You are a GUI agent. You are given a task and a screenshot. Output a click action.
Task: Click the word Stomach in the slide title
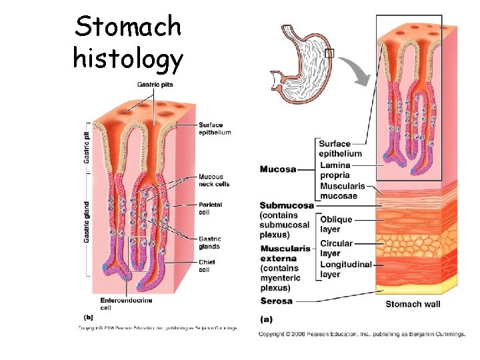128,27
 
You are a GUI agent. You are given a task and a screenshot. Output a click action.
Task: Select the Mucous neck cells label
214,180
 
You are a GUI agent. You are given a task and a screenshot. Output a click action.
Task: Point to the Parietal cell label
210,208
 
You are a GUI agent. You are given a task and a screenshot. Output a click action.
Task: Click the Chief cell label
207,266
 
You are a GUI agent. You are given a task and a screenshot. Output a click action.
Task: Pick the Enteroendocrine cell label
126,304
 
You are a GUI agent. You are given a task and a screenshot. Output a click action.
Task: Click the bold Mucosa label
278,169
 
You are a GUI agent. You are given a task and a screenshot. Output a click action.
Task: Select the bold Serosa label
276,301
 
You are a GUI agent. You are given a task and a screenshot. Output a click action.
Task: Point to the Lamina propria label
335,170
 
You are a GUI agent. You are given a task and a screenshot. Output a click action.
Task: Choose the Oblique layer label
336,223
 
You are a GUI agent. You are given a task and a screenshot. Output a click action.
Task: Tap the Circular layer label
336,248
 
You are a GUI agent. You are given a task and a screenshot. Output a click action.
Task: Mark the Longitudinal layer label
346,269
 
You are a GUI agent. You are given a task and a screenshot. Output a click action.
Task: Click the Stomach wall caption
413,304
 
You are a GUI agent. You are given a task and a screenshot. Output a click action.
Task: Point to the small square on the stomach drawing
329,53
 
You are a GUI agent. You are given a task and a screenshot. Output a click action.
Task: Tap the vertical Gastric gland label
87,221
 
